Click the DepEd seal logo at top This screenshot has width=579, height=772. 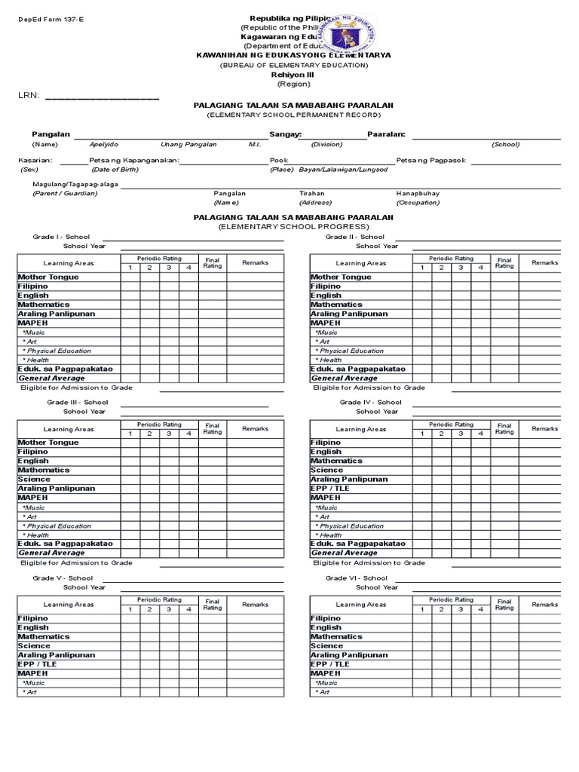pos(349,34)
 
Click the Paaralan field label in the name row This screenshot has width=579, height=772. pos(386,133)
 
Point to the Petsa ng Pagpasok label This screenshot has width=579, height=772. pos(431,160)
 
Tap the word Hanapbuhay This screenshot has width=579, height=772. pos(418,194)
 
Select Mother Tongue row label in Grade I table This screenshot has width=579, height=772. pos(48,277)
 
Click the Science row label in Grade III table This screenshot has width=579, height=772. pos(34,479)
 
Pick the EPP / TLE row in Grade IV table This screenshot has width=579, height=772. pos(329,489)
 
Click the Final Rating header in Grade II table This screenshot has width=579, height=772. pos(504,263)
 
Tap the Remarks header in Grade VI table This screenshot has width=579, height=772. pos(544,605)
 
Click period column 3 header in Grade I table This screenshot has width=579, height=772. pos(169,268)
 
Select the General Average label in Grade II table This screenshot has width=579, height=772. pos(345,378)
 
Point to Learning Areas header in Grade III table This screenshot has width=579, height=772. pos(69,429)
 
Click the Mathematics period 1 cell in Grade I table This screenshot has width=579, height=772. pos(130,305)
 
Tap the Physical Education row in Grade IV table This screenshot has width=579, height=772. pos(351,526)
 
